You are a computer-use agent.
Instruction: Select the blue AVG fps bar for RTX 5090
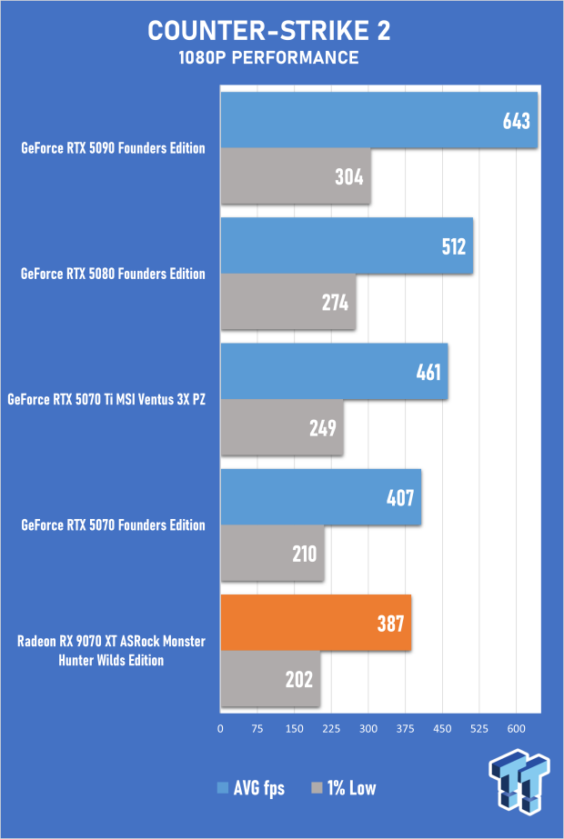(378, 119)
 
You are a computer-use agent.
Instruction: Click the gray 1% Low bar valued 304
(295, 176)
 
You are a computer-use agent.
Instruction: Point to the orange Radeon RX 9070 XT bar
(316, 623)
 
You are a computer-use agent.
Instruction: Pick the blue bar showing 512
(346, 245)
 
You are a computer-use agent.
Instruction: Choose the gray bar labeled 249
(281, 427)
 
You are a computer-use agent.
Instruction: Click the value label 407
(399, 497)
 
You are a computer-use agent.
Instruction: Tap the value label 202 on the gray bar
(298, 679)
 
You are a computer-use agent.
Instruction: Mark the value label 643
(516, 121)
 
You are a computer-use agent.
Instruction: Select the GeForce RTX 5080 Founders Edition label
(114, 274)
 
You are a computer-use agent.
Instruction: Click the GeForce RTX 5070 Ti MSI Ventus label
(106, 399)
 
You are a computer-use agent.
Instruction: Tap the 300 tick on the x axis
(368, 728)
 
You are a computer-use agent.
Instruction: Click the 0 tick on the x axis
(220, 728)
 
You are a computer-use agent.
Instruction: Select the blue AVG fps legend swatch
(222, 788)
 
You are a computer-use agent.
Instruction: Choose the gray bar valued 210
(272, 553)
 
